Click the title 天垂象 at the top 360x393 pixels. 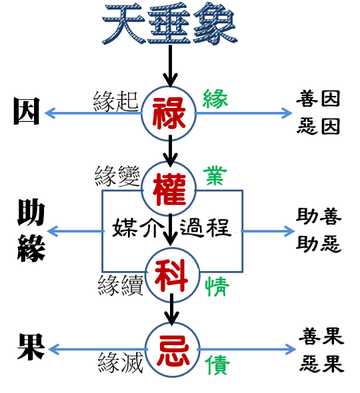click(169, 24)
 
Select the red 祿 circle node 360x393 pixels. click(169, 113)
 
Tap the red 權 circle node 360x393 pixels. click(169, 189)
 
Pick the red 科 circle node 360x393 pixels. click(173, 275)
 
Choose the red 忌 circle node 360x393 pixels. click(173, 350)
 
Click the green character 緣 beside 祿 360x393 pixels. click(215, 99)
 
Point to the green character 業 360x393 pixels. click(215, 176)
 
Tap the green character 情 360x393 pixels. click(217, 286)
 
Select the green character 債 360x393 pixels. click(217, 365)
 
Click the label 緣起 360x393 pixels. click(115, 101)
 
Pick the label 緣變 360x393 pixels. click(117, 176)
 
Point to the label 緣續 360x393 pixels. click(121, 285)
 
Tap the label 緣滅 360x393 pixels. click(121, 362)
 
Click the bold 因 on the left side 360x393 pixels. click(27, 111)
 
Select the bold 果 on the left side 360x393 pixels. click(31, 346)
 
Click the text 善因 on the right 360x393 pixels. click(318, 99)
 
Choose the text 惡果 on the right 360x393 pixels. click(322, 364)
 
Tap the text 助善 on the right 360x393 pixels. click(319, 216)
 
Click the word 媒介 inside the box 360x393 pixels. click(135, 228)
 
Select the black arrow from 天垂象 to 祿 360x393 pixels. click(171, 66)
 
